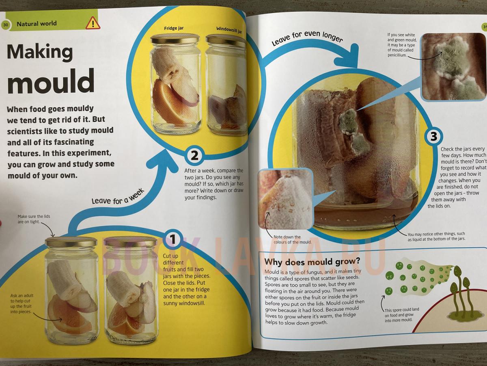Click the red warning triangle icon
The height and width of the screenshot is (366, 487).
tap(93, 23)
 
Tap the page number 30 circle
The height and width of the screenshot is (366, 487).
tap(5, 25)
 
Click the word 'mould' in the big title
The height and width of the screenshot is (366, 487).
tap(51, 81)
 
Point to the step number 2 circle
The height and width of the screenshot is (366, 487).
tap(194, 156)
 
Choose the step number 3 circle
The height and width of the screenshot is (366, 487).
tap(434, 137)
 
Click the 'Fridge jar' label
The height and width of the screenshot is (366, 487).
tap(174, 28)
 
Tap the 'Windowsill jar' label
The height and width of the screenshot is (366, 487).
tap(229, 30)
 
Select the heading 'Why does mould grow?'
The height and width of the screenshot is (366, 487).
tap(312, 262)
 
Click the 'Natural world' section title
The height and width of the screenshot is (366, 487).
tap(37, 24)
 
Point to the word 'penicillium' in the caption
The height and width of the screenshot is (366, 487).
tap(397, 55)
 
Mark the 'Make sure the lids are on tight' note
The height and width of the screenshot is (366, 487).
tap(34, 219)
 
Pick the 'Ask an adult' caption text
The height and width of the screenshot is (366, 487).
tap(22, 303)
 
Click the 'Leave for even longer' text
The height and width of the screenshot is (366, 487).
tap(307, 38)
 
